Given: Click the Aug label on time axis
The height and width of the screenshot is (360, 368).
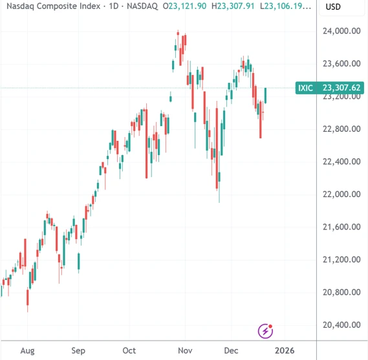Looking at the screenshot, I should pos(27,350).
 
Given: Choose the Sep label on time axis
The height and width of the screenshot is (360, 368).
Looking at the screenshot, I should pos(78,350).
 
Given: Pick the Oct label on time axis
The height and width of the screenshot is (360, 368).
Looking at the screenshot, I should pos(129,350).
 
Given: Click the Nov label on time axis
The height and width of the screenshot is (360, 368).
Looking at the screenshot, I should pos(185,350).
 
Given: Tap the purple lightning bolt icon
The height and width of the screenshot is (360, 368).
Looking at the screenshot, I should pos(266,331).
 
